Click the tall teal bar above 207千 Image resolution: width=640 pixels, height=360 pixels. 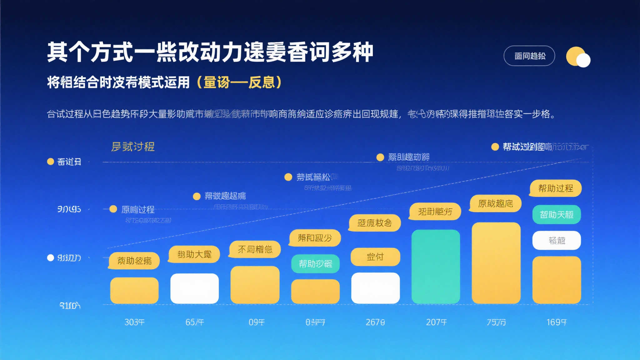coord(436,266)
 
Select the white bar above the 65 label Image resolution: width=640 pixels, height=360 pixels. coord(194,288)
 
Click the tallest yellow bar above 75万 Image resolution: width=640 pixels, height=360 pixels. coord(496,263)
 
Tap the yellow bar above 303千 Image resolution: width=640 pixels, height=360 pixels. coord(134,290)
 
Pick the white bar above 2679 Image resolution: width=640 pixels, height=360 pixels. coord(375,288)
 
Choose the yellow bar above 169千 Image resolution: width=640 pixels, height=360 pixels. coord(557,280)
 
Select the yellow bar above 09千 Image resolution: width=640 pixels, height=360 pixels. coord(255,285)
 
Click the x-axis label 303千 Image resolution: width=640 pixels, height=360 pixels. coord(134,322)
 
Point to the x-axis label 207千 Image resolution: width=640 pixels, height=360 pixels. coord(436,322)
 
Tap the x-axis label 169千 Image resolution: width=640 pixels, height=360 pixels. coord(556,322)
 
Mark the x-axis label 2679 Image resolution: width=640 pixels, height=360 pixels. coord(375,322)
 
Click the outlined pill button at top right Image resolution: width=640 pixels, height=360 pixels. coord(529,56)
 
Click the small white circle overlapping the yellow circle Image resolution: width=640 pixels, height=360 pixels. coord(583,60)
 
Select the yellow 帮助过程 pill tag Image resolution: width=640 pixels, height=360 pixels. coord(555,188)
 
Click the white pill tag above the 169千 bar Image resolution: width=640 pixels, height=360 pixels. coord(557,240)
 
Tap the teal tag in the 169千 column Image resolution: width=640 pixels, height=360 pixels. coord(557,214)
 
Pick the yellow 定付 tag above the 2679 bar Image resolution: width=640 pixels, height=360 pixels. coord(375,257)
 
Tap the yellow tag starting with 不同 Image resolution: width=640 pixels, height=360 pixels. coord(255,249)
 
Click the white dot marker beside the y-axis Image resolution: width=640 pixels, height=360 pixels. coord(50,258)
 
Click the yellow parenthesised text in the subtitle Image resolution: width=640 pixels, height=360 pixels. coord(240,82)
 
